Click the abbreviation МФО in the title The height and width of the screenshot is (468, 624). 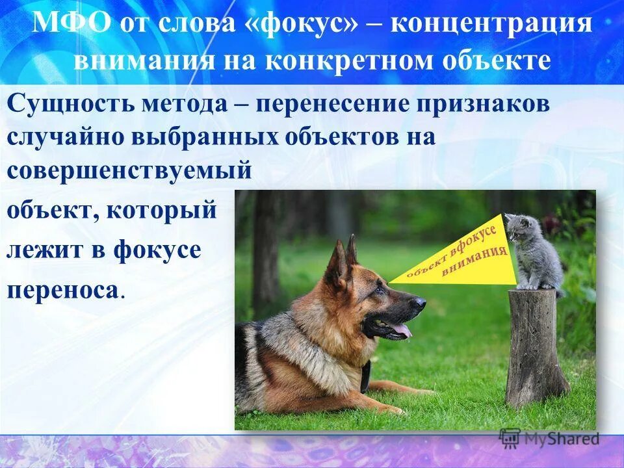(x=71, y=24)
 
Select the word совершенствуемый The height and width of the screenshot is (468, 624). (x=129, y=170)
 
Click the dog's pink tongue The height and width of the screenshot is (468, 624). (x=401, y=330)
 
